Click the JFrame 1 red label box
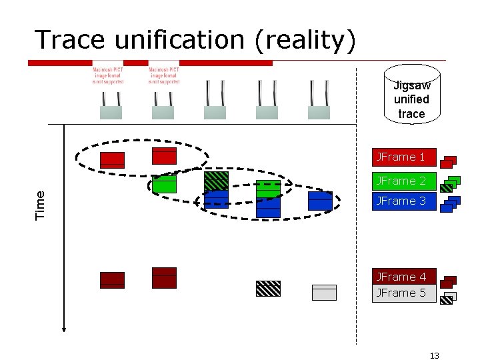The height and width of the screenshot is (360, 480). point(403,157)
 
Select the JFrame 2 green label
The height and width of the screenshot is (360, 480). point(403,181)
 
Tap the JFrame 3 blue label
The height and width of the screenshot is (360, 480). point(403,201)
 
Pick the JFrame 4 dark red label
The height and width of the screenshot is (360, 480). point(403,277)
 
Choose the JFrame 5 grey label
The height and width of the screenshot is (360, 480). point(403,293)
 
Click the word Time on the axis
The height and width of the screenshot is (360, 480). point(40,205)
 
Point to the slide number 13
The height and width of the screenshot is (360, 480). point(435,355)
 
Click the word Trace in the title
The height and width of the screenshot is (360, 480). point(71,40)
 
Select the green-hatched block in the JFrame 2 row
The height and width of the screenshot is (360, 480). point(216,180)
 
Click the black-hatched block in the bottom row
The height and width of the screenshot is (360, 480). point(268,288)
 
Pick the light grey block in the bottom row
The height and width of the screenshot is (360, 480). point(324,293)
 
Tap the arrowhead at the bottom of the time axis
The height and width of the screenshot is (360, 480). point(64,327)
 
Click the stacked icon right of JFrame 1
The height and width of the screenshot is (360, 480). point(449,161)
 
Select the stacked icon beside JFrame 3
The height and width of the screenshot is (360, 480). point(451,204)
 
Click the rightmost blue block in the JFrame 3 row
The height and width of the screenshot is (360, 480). point(320,201)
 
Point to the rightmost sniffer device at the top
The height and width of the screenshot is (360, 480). point(319,101)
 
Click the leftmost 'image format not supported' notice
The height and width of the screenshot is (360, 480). point(108,75)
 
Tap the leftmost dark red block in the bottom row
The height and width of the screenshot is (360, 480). point(112,280)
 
